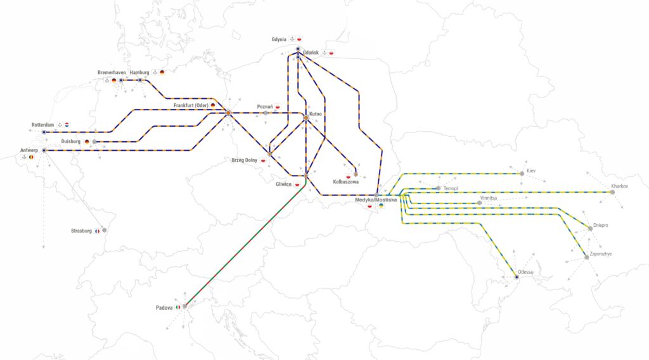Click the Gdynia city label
[x=279, y=39]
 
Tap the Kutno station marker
[x=305, y=118]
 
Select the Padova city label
[x=164, y=308]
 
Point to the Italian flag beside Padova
[x=178, y=308]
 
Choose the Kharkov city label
[x=619, y=186]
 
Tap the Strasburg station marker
[x=105, y=230]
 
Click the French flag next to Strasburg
[x=97, y=231]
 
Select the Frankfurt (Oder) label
[x=191, y=105]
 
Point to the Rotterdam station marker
[x=44, y=132]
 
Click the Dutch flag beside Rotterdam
[x=67, y=125]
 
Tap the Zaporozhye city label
[x=600, y=254]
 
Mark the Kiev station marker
[x=522, y=173]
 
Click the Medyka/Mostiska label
[x=376, y=200]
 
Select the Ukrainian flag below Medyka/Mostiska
[x=381, y=206]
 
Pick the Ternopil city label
[x=451, y=188]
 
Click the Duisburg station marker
[x=94, y=141]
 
